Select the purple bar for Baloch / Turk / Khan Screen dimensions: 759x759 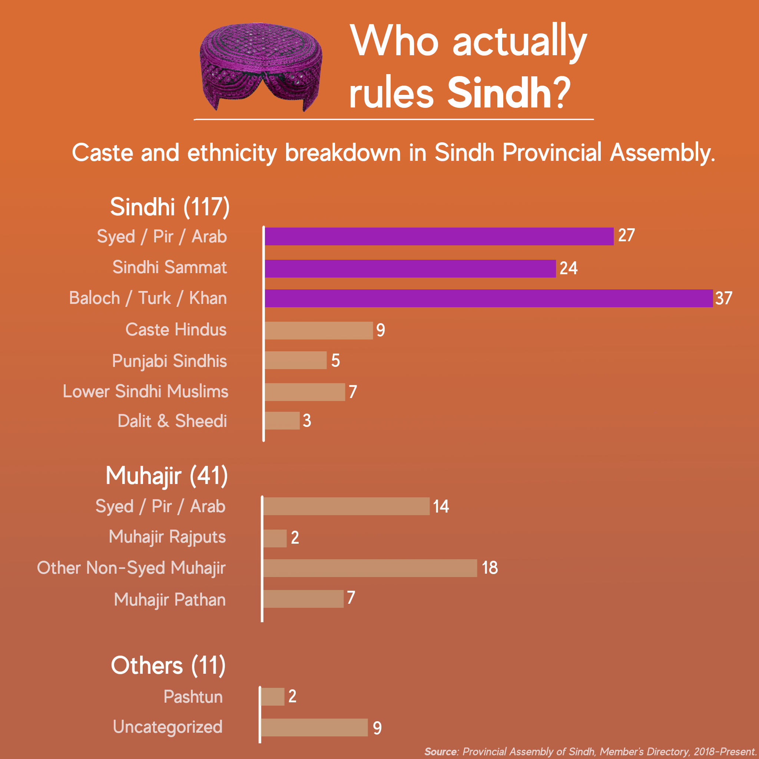click(488, 298)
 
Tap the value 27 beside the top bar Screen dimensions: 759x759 click(626, 235)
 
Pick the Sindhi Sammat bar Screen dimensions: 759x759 click(410, 268)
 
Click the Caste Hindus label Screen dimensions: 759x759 click(176, 329)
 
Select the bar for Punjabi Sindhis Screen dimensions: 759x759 click(295, 360)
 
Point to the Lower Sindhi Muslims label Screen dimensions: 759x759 click(145, 391)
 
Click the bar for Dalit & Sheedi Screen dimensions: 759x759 click(282, 420)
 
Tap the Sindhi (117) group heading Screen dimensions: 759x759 click(169, 207)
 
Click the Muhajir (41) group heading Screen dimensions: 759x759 click(166, 476)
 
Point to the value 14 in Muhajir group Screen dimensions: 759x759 click(441, 506)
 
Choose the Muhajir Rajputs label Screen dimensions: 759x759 click(167, 537)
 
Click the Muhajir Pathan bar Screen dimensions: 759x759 click(303, 599)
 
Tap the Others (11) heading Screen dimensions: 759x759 click(168, 666)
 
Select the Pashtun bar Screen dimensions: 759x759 click(272, 696)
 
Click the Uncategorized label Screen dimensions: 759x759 click(168, 727)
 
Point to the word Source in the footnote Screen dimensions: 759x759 click(441, 752)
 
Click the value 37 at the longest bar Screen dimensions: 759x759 click(724, 298)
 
